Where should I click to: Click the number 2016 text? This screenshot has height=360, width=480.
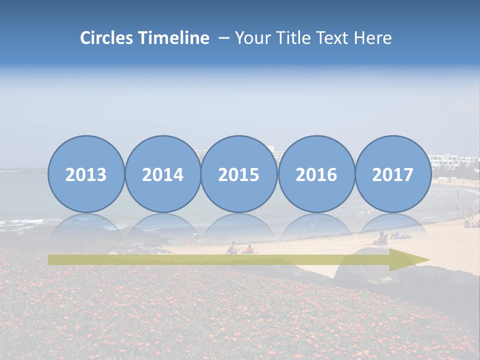pyautogui.click(x=316, y=174)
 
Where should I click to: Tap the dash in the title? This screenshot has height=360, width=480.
pyautogui.click(x=223, y=38)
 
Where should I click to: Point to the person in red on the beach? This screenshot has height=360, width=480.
pyautogui.click(x=248, y=249)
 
